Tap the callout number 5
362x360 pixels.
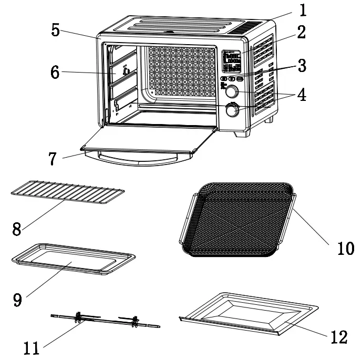point(56,29)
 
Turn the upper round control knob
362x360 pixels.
point(231,92)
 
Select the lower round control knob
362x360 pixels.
point(232,110)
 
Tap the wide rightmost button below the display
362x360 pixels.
point(240,78)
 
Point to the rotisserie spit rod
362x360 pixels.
point(105,320)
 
